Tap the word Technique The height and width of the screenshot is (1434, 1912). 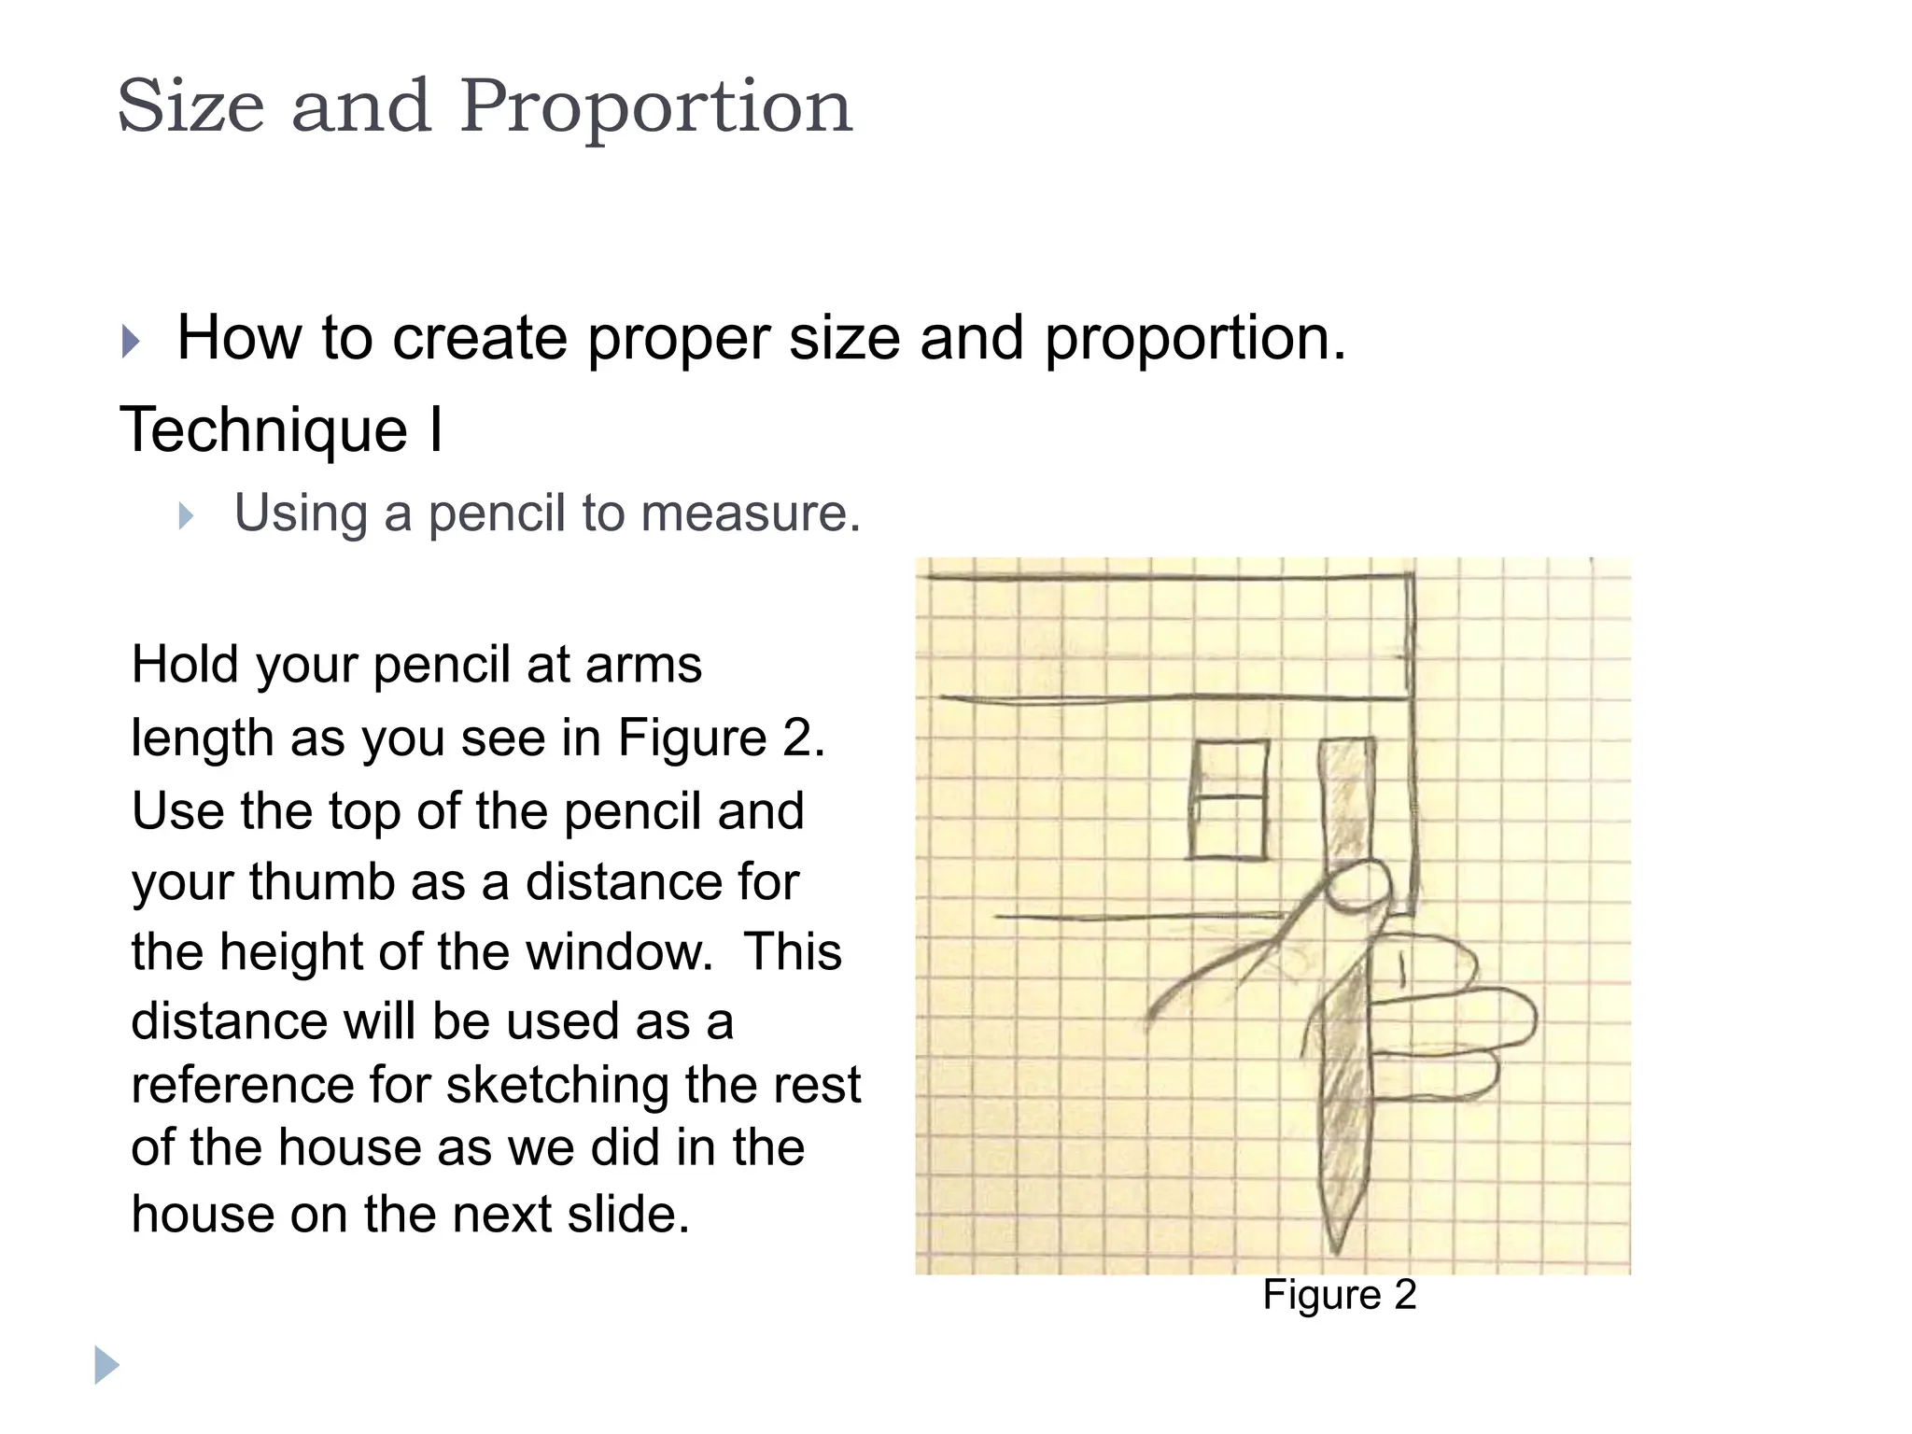(x=264, y=431)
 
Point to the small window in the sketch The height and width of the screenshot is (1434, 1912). (x=1229, y=799)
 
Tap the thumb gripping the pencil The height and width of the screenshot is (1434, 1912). (x=1358, y=887)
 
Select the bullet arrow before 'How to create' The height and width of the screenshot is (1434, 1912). (x=131, y=342)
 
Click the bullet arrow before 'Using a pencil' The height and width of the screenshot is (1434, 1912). (x=186, y=516)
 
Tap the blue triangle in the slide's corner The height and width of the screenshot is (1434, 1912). (x=106, y=1366)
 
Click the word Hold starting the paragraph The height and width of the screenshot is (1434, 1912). (x=186, y=666)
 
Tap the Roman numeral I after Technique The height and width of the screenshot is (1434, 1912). (x=436, y=431)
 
